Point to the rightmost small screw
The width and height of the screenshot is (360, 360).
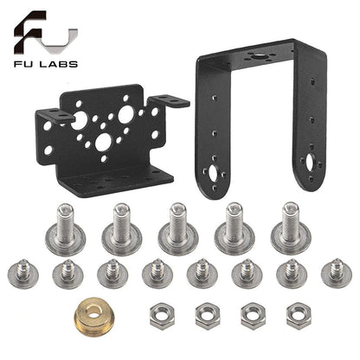336,273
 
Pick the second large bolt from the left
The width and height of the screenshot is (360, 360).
123,228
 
